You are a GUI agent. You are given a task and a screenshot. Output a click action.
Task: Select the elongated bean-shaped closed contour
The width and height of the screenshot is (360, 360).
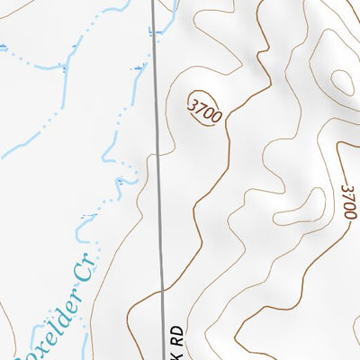tap(300, 207)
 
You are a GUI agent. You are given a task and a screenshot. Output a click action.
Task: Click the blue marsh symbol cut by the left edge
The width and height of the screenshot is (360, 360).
tap(3, 48)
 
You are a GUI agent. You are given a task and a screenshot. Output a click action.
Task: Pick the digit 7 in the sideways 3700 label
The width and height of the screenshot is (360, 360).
tap(349, 195)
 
